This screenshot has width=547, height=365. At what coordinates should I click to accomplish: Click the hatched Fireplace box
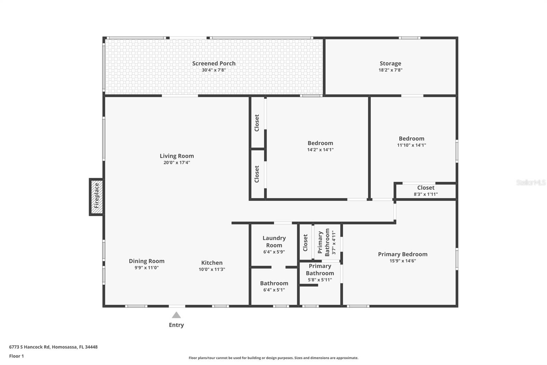(x=96, y=197)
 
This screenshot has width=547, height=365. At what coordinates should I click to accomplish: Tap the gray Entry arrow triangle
(x=176, y=315)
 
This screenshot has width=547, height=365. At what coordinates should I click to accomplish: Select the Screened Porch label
(x=214, y=63)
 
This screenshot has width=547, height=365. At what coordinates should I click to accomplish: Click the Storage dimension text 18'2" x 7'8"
(x=390, y=70)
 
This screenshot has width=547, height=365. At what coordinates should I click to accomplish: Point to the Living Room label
(x=176, y=156)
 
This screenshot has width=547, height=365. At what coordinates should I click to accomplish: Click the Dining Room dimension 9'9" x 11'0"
(x=146, y=268)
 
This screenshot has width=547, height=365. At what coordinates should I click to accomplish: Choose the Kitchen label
(x=212, y=263)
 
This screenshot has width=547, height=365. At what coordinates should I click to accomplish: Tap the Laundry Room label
(x=274, y=241)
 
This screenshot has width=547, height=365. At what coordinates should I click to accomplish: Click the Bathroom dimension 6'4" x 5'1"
(x=274, y=290)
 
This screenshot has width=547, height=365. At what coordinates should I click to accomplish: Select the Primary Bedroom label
(x=402, y=254)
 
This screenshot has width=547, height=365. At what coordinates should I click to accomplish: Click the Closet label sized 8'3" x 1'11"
(x=426, y=188)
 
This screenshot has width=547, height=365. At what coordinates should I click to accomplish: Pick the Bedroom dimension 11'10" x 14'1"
(x=411, y=145)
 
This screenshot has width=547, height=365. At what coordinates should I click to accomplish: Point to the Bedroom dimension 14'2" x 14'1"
(x=320, y=150)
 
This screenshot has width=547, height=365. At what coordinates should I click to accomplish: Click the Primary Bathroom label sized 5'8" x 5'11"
(x=320, y=269)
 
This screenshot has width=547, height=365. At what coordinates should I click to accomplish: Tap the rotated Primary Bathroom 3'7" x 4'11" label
(x=327, y=242)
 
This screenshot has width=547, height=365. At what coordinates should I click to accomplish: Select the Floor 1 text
(x=16, y=356)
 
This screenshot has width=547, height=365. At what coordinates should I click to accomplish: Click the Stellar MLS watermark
(x=531, y=182)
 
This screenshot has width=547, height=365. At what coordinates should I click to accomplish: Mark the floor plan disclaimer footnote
(x=273, y=358)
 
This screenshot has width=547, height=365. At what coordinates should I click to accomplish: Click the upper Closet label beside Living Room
(x=257, y=123)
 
